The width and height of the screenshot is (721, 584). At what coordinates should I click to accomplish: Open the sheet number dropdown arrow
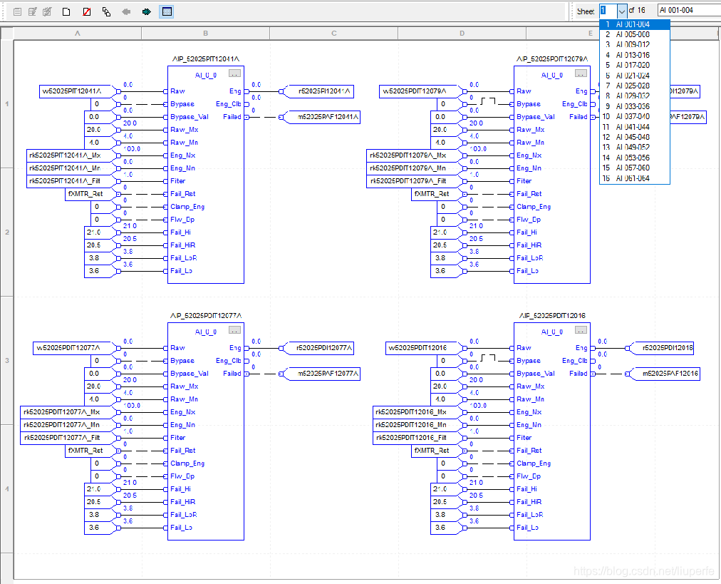[622, 11]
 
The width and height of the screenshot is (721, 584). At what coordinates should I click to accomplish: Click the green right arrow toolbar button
[146, 11]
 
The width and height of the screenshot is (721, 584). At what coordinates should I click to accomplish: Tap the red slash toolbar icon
[86, 11]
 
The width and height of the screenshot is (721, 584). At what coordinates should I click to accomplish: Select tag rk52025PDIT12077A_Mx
[62, 412]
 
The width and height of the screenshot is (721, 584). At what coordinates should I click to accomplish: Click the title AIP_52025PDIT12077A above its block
[206, 315]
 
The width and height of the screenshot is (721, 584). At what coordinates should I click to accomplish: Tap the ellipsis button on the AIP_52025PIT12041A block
[234, 73]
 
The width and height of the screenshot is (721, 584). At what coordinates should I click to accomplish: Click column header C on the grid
[334, 34]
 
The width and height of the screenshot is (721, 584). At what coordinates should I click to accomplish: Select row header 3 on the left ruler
[7, 361]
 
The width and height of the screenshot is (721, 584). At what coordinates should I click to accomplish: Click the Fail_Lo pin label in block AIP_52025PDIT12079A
[528, 271]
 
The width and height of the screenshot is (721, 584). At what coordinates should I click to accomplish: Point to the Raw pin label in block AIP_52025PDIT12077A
[177, 348]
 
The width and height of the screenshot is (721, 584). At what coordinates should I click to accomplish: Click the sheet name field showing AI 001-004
[688, 11]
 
